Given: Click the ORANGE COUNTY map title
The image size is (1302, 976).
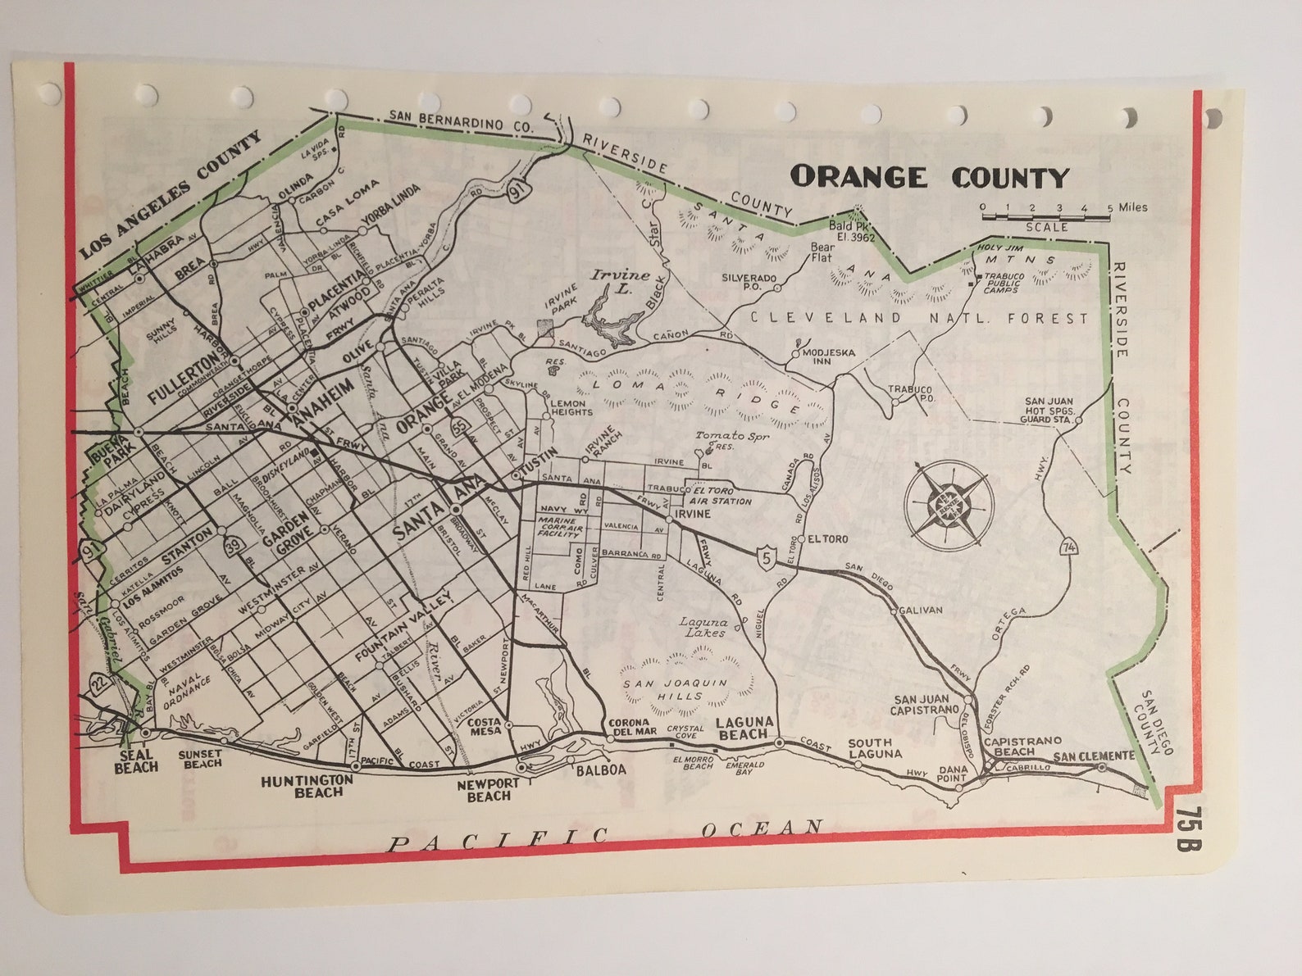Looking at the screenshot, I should [x=929, y=177].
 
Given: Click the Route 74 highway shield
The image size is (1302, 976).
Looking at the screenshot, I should [x=1068, y=547].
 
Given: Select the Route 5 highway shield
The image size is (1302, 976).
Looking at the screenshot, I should [x=766, y=557].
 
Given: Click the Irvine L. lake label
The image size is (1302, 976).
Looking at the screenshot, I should [x=620, y=281].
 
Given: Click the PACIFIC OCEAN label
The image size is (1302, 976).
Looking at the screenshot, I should [x=605, y=834].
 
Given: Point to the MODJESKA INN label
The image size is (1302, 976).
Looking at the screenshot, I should [x=828, y=356].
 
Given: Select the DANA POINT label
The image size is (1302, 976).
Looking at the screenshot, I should [x=952, y=774].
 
